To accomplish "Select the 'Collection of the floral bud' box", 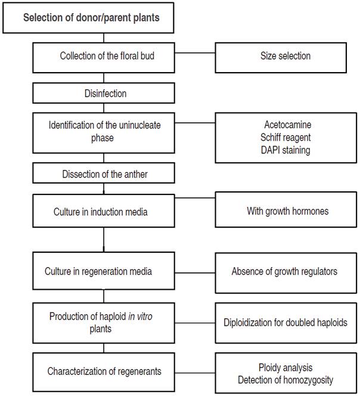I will (x=104, y=57).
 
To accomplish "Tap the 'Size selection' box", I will (x=285, y=57).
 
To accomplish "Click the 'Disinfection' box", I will (x=104, y=94).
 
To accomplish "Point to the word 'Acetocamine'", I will (x=287, y=126).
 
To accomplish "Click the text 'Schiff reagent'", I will (x=287, y=138).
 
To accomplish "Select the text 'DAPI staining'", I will (x=287, y=150).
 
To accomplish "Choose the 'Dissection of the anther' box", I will (x=104, y=174).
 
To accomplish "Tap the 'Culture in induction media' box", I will (x=104, y=211).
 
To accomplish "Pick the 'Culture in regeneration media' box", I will (x=104, y=271).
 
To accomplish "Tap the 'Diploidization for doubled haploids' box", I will (x=285, y=322).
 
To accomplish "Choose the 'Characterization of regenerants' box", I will (x=104, y=371).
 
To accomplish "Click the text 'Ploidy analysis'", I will (x=285, y=368).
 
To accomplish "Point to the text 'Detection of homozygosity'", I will (x=285, y=380).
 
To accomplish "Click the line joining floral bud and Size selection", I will (x=195, y=57).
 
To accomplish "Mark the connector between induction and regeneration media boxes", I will (x=104, y=240).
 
